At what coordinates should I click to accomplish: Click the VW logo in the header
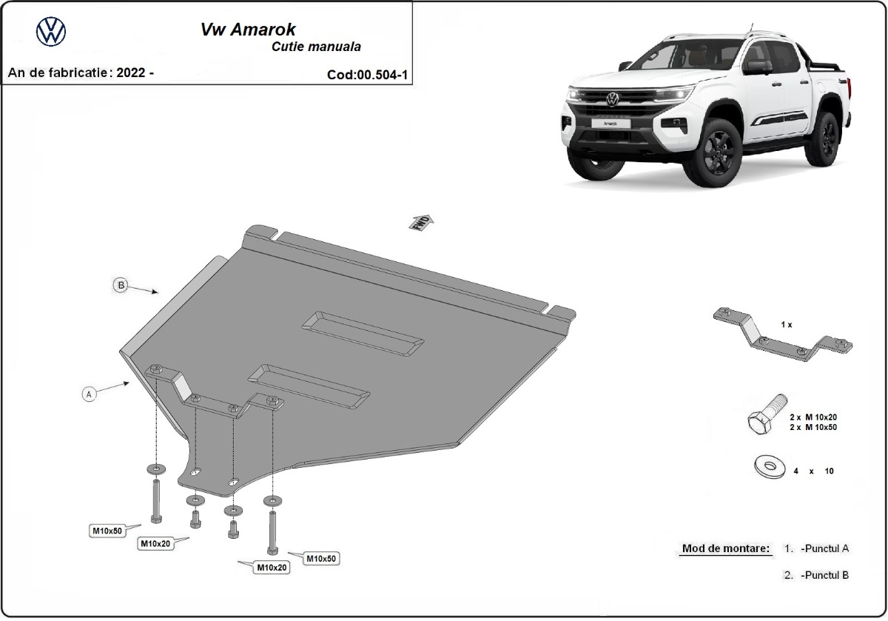(51, 31)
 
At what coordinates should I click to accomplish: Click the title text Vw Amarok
(249, 30)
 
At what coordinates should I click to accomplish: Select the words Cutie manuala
(316, 47)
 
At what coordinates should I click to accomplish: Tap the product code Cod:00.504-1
(367, 75)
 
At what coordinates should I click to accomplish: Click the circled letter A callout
(89, 394)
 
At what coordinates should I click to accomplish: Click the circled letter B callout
(120, 285)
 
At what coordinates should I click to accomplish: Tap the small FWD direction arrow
(422, 222)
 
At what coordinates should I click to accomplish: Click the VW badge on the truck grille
(612, 99)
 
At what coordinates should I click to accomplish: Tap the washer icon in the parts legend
(769, 467)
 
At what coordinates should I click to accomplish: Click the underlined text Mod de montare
(725, 548)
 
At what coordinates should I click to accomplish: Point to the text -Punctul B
(824, 574)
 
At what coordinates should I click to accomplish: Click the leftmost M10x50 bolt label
(107, 530)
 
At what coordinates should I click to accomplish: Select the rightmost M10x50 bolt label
(321, 558)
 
